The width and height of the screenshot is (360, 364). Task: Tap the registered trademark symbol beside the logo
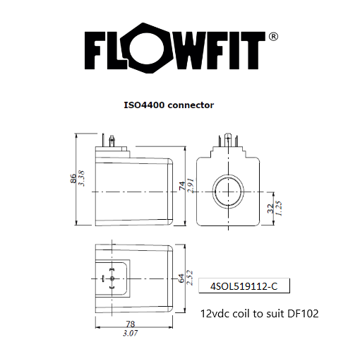pos(273,36)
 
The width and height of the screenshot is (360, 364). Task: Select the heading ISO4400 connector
pos(169,105)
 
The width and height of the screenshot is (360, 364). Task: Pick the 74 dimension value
pos(181,187)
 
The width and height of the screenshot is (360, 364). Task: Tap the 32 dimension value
pos(270,209)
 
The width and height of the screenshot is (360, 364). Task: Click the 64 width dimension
pos(181,278)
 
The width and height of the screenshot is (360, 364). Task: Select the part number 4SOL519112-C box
pos(244,286)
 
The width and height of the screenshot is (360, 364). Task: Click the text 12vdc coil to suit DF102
pos(259,312)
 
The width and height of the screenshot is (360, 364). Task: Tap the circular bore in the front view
pos(227,192)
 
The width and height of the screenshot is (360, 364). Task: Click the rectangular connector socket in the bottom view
pos(111,278)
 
